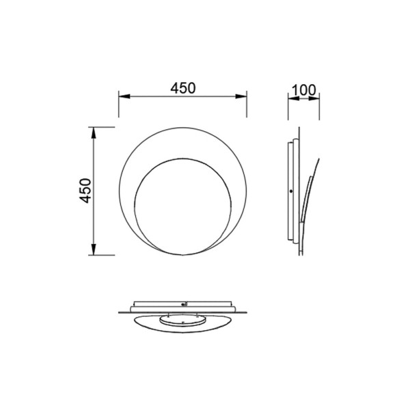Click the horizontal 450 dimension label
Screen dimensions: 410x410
tap(182, 88)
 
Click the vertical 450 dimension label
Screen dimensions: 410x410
tap(85, 191)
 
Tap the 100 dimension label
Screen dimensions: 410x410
tap(303, 90)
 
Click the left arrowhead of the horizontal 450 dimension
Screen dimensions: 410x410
tap(124, 96)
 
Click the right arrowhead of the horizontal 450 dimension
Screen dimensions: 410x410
tap(241, 96)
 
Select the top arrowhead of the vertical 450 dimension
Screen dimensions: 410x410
tap(94, 133)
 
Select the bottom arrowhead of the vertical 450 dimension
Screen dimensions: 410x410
tap(94, 249)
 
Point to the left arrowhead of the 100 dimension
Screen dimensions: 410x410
tap(294, 98)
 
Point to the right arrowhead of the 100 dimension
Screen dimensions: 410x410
tap(314, 98)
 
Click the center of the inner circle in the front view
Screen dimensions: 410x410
tap(182, 206)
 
